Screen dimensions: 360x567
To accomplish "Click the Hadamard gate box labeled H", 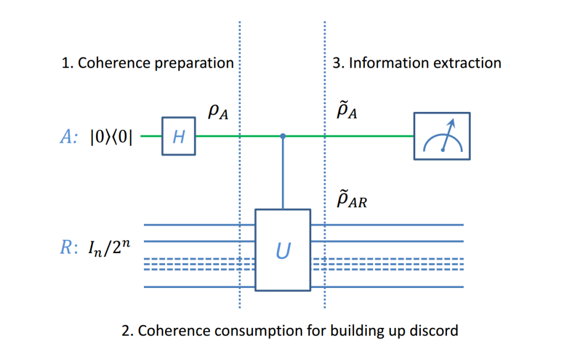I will [x=178, y=136].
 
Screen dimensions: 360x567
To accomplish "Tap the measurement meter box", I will [x=442, y=136].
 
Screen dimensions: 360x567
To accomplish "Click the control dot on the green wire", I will [x=283, y=136].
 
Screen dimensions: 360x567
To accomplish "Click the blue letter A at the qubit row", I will [x=66, y=137].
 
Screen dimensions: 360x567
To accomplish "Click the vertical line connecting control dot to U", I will [x=283, y=174].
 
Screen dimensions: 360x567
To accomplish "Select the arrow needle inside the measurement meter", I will [x=448, y=136].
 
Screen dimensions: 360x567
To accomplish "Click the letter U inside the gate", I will [x=283, y=253].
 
